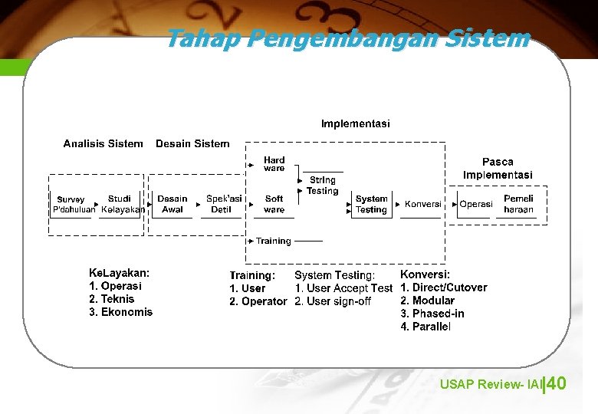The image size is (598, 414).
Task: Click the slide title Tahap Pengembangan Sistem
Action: point(347,38)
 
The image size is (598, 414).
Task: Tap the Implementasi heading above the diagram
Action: point(355,123)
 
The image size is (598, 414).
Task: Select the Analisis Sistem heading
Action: point(103,143)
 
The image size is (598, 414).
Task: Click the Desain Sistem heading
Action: point(192,143)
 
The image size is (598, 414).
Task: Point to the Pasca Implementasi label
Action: point(498,168)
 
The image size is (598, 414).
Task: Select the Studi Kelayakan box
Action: point(120,204)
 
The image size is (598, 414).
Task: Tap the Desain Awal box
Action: point(172,204)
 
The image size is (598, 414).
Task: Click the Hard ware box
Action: point(274,164)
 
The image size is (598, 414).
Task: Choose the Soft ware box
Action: point(274,204)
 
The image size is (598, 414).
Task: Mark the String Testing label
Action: point(322,186)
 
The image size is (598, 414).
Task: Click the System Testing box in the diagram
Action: point(372,204)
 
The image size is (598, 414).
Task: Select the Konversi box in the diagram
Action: point(422,204)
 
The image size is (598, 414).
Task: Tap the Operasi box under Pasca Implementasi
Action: point(476,204)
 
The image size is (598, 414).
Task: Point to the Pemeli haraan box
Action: point(518,204)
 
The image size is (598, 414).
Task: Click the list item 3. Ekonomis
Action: point(121,312)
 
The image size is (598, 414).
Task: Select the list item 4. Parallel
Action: point(426,327)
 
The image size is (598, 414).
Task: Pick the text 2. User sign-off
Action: point(333,301)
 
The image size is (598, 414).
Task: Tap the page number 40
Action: point(557,383)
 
